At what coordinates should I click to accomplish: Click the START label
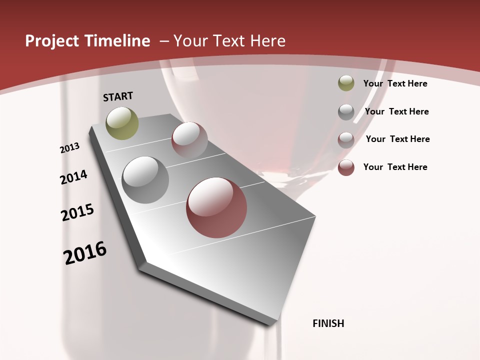(x=118, y=96)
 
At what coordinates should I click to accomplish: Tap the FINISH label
(x=328, y=323)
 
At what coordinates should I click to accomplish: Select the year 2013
(x=70, y=148)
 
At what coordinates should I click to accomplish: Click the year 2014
(x=73, y=177)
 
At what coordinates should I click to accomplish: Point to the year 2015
(x=77, y=212)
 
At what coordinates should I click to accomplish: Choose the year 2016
(x=85, y=252)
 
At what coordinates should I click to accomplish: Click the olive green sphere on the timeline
(x=122, y=123)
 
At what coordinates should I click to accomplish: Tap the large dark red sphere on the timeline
(x=216, y=207)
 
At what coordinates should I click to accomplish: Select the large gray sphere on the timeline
(x=145, y=180)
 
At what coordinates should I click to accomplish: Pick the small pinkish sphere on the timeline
(x=189, y=140)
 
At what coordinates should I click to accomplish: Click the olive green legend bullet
(x=346, y=83)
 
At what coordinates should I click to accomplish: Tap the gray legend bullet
(x=346, y=111)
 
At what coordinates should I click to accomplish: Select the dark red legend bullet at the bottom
(x=346, y=167)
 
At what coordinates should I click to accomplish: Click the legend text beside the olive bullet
(x=395, y=83)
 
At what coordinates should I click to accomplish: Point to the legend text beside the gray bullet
(x=396, y=111)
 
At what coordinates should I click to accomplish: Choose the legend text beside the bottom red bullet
(x=395, y=167)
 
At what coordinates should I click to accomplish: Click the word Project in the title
(x=52, y=41)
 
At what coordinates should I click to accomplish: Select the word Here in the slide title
(x=267, y=41)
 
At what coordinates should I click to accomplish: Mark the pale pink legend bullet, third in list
(x=346, y=139)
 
